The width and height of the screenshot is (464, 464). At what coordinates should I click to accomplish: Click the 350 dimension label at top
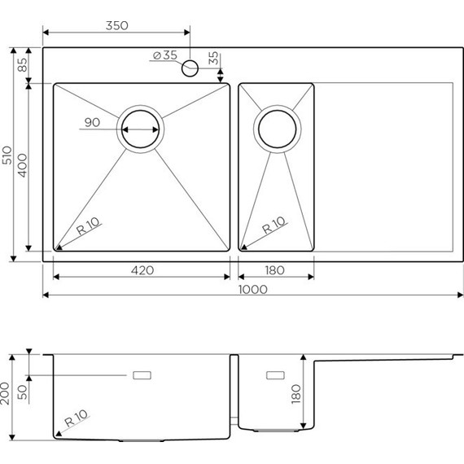point(116,25)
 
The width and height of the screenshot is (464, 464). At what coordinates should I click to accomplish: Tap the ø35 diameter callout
point(164,55)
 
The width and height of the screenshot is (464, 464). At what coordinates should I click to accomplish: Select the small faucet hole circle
point(190,68)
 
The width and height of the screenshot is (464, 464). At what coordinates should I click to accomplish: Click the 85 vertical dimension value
point(22,64)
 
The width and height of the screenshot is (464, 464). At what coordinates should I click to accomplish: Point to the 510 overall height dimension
point(7,155)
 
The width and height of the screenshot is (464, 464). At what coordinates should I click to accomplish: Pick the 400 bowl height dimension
point(23,166)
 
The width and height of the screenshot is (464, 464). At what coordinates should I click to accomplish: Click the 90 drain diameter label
point(91,124)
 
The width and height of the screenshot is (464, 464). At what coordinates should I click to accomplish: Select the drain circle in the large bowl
point(142,129)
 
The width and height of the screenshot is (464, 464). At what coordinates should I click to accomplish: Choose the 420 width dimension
point(141,270)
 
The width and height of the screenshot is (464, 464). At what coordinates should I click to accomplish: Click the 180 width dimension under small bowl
point(275,270)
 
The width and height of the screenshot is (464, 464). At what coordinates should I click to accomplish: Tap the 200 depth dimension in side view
point(8,396)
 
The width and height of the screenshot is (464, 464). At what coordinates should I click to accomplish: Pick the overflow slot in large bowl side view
point(143,375)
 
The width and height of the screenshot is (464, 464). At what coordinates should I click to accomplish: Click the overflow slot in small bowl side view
point(276,375)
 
